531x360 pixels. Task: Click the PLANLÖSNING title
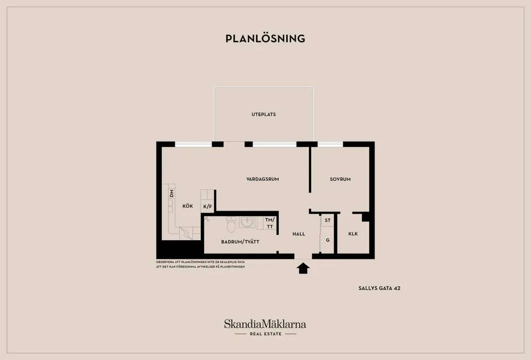click(x=265, y=38)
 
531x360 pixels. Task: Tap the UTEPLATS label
click(x=263, y=115)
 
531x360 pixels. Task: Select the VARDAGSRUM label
click(x=262, y=179)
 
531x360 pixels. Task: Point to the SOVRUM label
click(x=340, y=179)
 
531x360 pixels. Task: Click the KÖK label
click(x=188, y=206)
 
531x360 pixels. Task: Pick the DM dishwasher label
click(x=172, y=193)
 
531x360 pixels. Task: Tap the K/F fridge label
click(x=207, y=206)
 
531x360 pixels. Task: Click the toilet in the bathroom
click(x=231, y=224)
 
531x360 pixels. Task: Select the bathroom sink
click(x=247, y=222)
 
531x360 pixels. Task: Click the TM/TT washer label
click(x=270, y=223)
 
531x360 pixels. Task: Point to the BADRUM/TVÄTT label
click(x=240, y=242)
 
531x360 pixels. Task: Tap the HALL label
click(x=299, y=233)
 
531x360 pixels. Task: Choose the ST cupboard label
click(x=328, y=220)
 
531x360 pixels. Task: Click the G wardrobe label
click(x=328, y=240)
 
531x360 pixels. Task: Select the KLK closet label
click(x=353, y=233)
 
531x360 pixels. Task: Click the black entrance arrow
click(x=303, y=268)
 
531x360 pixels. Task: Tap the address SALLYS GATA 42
click(x=379, y=288)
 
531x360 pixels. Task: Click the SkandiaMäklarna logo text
click(x=265, y=324)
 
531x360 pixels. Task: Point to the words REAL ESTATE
click(x=265, y=334)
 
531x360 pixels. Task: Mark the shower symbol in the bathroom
click(x=207, y=219)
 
